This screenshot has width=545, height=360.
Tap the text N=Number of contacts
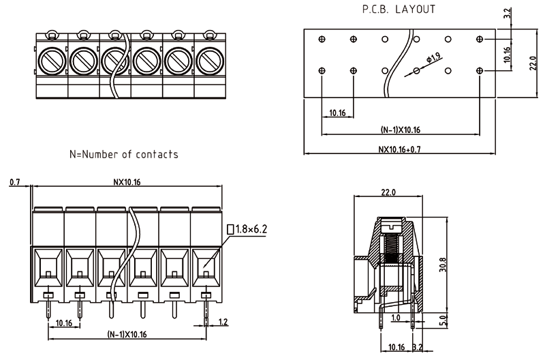coord(124,154)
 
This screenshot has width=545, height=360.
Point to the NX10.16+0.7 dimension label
coord(400,149)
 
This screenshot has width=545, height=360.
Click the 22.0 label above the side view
coord(388,193)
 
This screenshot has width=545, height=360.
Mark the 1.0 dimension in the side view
coord(396,318)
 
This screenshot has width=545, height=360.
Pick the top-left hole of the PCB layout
coord(322,40)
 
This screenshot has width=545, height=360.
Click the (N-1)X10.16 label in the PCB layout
coord(400,130)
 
